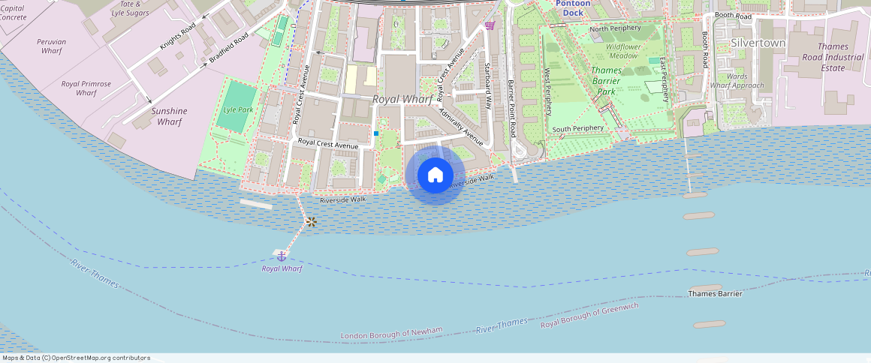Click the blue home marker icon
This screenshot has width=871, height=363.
click(x=435, y=175)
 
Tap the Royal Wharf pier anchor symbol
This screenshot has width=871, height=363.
click(x=282, y=256)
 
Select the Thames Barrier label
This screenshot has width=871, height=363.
click(x=715, y=293)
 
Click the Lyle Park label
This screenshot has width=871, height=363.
click(x=239, y=109)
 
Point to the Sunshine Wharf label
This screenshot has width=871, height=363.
click(x=169, y=116)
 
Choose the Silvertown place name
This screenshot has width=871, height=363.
click(x=758, y=43)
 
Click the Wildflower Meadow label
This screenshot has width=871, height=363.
click(x=622, y=51)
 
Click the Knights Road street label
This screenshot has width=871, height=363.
click(x=178, y=37)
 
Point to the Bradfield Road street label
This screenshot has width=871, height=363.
click(x=228, y=47)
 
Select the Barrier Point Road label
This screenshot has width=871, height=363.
click(x=511, y=108)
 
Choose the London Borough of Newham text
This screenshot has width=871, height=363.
click(x=391, y=332)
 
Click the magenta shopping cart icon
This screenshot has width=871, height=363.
click(x=490, y=25)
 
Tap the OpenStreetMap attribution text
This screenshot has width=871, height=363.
click(x=75, y=358)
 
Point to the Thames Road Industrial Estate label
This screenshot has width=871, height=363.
click(x=833, y=57)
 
